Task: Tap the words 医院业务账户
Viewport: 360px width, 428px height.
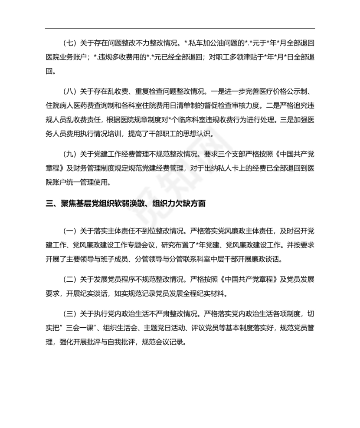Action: (x=66, y=58)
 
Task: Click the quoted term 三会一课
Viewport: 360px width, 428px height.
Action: (x=87, y=326)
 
